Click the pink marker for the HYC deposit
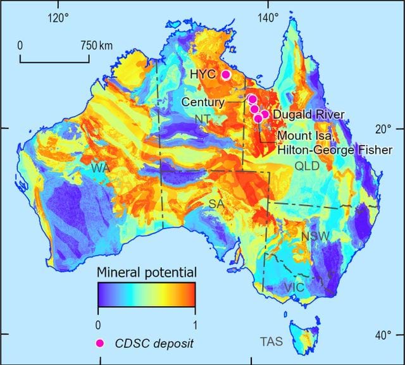point(225,75)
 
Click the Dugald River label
point(308,114)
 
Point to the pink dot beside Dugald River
point(265,114)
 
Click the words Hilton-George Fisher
point(335,149)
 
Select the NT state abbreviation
point(202,119)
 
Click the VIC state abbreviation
point(294,288)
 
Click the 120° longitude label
point(58,18)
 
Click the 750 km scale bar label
point(97,46)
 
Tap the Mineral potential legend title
point(146,273)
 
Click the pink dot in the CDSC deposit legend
point(99,343)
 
